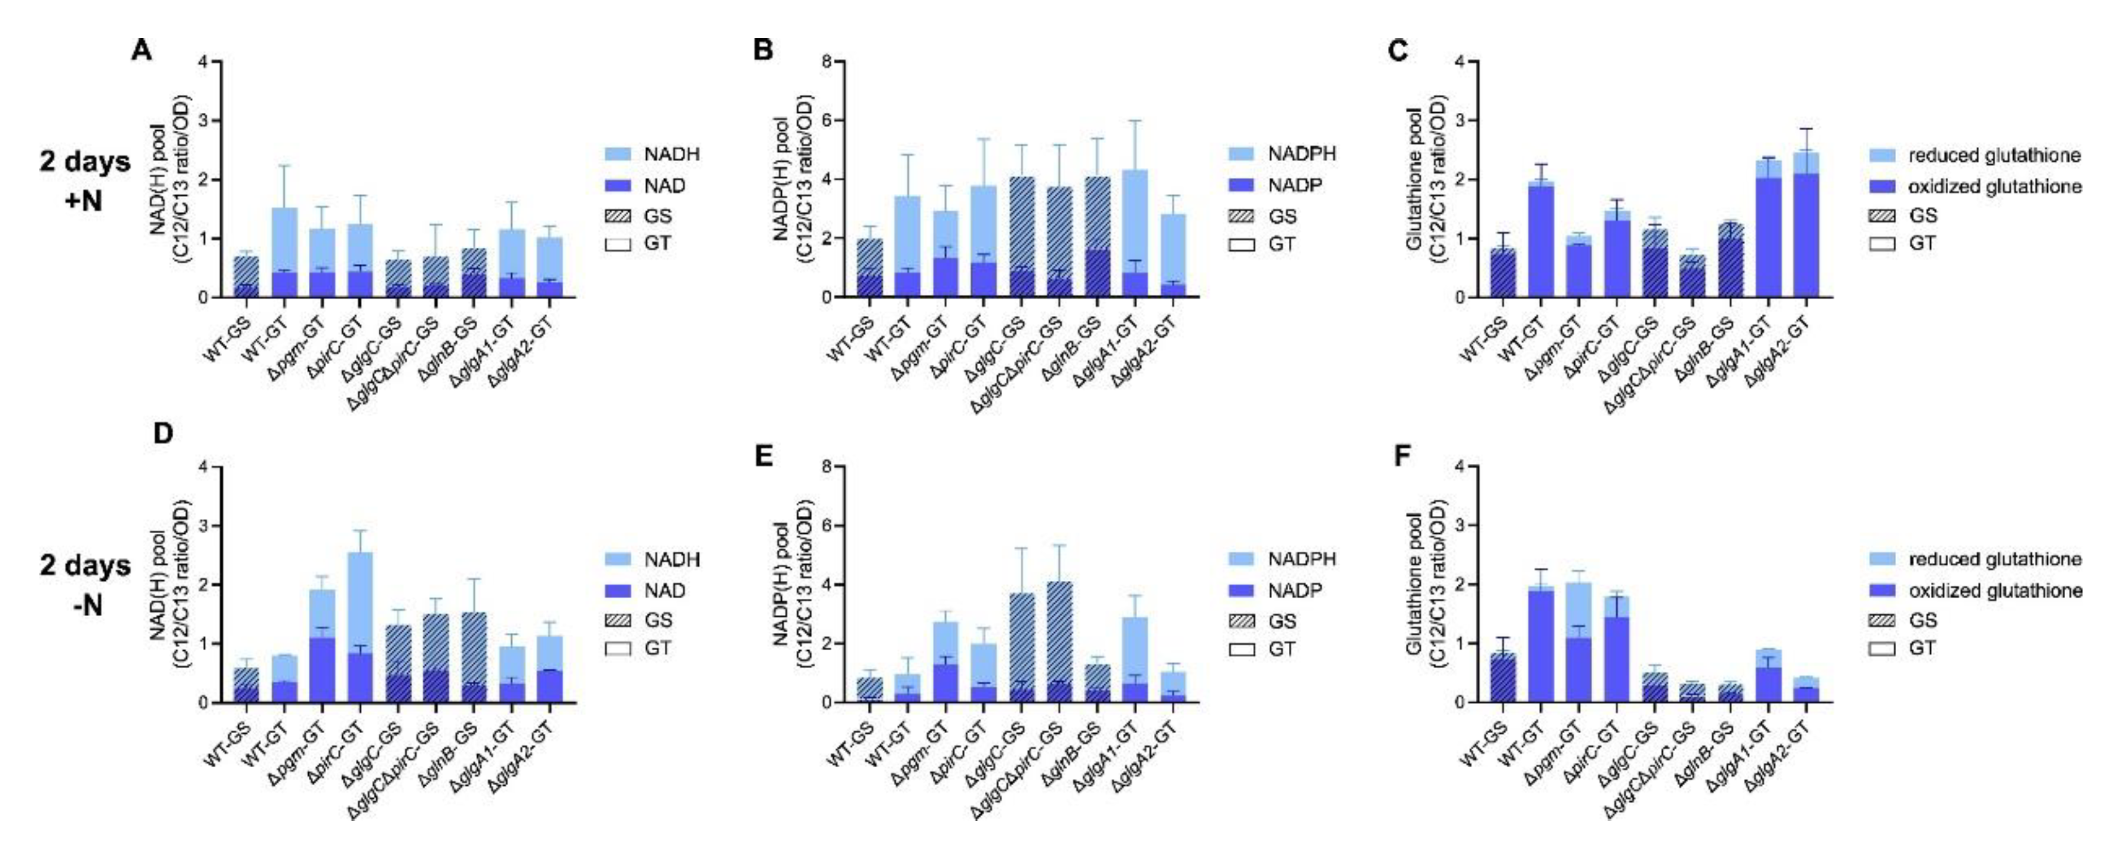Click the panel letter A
(x=142, y=51)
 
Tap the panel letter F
(x=1402, y=455)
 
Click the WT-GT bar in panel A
(x=283, y=254)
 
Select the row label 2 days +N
(x=84, y=180)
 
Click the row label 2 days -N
(x=84, y=585)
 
